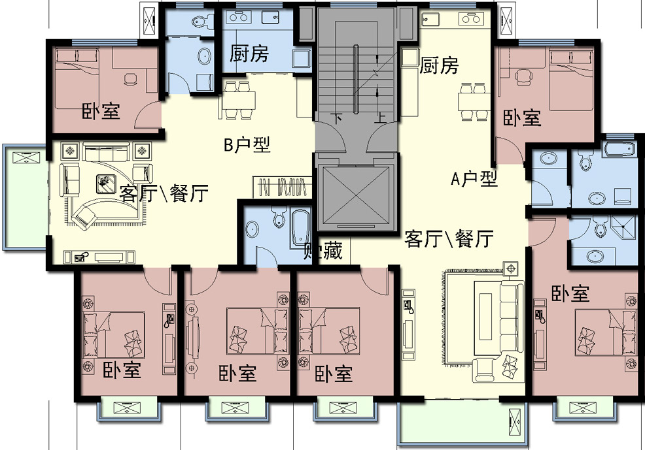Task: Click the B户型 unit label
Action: click(247, 144)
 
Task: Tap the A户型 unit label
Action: click(474, 179)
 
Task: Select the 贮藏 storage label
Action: click(323, 250)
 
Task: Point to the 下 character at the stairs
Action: click(337, 118)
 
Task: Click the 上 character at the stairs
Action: click(381, 118)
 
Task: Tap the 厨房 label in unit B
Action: click(249, 54)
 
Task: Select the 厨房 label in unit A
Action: click(439, 65)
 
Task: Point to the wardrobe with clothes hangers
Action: click(282, 187)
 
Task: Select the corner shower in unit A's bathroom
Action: click(627, 226)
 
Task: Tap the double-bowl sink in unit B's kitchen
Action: click(238, 17)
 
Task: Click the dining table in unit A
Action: click(474, 101)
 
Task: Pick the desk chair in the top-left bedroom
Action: click(131, 78)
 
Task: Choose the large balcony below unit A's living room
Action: click(462, 423)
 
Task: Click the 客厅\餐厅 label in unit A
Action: click(449, 239)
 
